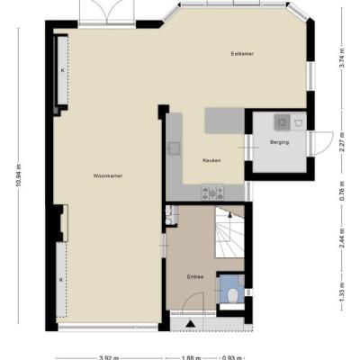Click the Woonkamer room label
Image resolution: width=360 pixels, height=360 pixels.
tap(108, 176)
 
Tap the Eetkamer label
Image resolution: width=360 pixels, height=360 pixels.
tap(242, 54)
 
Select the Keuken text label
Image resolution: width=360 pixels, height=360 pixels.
tap(211, 160)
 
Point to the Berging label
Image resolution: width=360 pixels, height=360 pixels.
tap(279, 142)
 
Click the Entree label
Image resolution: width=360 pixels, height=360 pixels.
tap(195, 277)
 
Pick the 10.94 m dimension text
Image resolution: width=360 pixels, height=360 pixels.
tap(19, 175)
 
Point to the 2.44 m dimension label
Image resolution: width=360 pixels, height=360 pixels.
tap(341, 238)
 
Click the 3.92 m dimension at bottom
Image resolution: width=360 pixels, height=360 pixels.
tap(109, 357)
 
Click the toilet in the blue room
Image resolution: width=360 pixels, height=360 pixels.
tap(232, 295)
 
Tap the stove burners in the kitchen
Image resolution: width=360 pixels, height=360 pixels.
tap(212, 193)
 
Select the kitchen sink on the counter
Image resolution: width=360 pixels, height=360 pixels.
tap(175, 148)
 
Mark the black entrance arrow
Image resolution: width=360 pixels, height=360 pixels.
tap(190, 324)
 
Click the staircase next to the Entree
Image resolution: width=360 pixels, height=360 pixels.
tap(229, 232)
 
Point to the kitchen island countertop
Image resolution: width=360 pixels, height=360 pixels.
tap(225, 121)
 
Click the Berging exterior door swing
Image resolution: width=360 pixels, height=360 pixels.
tap(322, 143)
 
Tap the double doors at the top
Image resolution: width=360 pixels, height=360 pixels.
tap(107, 11)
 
